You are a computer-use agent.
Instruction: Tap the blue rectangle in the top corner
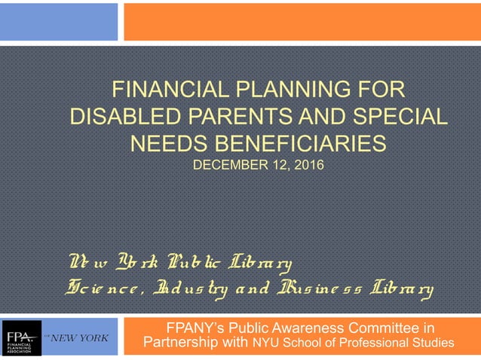pyautogui.click(x=59, y=21)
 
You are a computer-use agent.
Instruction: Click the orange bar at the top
pyautogui.click(x=302, y=21)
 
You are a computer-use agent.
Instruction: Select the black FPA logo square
pyautogui.click(x=22, y=338)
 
